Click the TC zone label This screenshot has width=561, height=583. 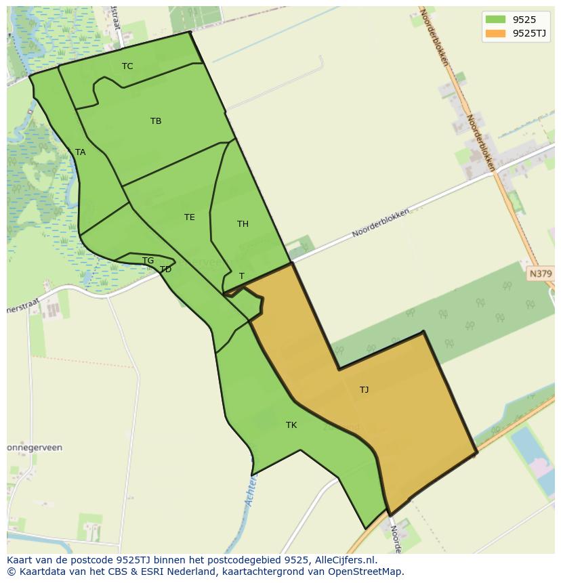tap(127, 66)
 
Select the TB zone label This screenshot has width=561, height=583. tap(156, 121)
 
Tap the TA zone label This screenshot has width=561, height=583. tap(80, 152)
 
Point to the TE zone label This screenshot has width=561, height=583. tap(190, 217)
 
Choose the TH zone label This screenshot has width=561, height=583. tap(243, 224)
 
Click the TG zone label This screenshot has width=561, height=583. tap(148, 261)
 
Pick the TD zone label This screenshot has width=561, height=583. tap(165, 269)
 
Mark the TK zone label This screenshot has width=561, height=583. tap(291, 425)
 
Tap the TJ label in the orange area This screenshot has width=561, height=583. tap(364, 389)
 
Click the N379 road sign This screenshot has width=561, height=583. tap(540, 274)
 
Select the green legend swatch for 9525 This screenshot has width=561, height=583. tap(495, 19)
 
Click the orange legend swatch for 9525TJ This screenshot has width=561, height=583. tap(495, 33)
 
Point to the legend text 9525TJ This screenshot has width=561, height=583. tap(529, 33)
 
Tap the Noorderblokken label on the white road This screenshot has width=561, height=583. tap(380, 223)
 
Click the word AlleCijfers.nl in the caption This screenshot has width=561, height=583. tap(345, 560)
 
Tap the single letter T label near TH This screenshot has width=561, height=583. tap(242, 276)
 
